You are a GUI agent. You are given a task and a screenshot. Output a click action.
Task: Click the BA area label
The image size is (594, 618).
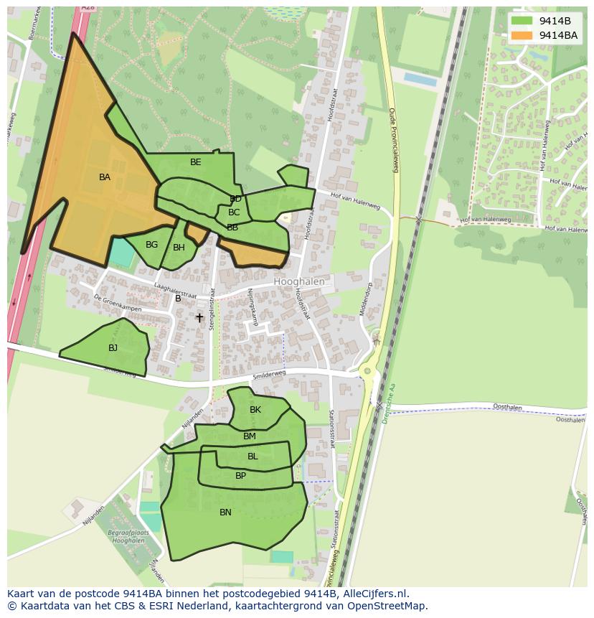pyautogui.click(x=105, y=177)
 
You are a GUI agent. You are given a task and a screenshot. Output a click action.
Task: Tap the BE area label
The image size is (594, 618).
pyautogui.click(x=196, y=162)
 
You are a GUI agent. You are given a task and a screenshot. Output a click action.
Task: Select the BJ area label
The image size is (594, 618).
pyautogui.click(x=113, y=348)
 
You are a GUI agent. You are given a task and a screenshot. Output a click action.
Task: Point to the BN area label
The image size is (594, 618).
pyautogui.click(x=225, y=512)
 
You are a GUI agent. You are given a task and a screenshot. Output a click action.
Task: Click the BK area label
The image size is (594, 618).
pyautogui.click(x=255, y=410)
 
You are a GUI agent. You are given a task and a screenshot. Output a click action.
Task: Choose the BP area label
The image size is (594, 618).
pyautogui.click(x=240, y=476)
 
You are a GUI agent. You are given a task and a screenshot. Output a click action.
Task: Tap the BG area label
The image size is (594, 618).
pyautogui.click(x=151, y=245)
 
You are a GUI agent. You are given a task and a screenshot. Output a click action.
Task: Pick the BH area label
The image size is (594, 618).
pyautogui.click(x=179, y=248)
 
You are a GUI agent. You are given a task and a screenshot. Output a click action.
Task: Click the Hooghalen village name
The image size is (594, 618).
pyautogui.click(x=299, y=282)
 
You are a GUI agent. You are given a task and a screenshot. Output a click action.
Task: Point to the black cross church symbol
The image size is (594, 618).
pyautogui.click(x=199, y=317)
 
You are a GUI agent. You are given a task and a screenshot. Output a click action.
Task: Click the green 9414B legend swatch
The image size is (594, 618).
pyautogui.click(x=522, y=21)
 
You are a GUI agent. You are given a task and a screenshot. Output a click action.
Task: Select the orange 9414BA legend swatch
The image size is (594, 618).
pyautogui.click(x=522, y=35)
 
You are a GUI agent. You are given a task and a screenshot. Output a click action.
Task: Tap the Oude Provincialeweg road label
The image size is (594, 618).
pyautogui.click(x=393, y=141)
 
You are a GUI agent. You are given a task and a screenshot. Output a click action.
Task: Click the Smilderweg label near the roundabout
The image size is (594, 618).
pyautogui.click(x=269, y=375)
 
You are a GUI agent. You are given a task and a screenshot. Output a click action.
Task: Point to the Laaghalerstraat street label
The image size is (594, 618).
pyautogui.click(x=175, y=289)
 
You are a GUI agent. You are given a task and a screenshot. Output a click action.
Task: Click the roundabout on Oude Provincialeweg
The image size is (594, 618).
pyautogui.click(x=367, y=371)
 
